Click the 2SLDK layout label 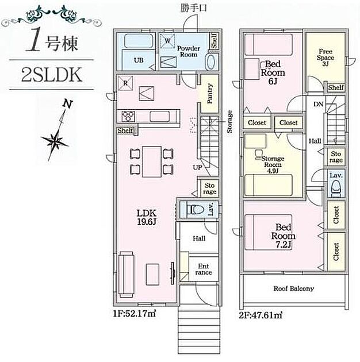point(52,75)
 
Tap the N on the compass point(68,105)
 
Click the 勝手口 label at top point(194,8)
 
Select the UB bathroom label point(139,60)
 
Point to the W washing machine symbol point(167,41)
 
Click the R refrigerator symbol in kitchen point(125,83)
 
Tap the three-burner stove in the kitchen point(128,115)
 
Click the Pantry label point(210,94)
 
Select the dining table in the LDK point(152,161)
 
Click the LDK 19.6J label point(147,217)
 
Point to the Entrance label point(204,269)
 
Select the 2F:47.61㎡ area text point(261,315)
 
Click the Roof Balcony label point(294,288)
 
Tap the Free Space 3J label point(325,57)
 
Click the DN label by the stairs point(318,105)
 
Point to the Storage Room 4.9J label point(273,164)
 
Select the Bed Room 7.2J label point(284,236)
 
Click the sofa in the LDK point(126,275)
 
